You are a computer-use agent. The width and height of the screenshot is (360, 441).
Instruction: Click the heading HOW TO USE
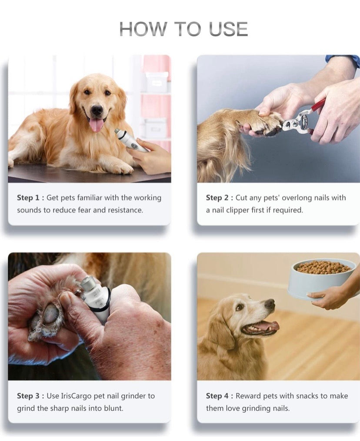pos(183,29)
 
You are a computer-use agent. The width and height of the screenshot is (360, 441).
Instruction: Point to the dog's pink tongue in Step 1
pos(97,124)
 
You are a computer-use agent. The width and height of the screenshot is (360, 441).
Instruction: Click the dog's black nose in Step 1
pos(97,110)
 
